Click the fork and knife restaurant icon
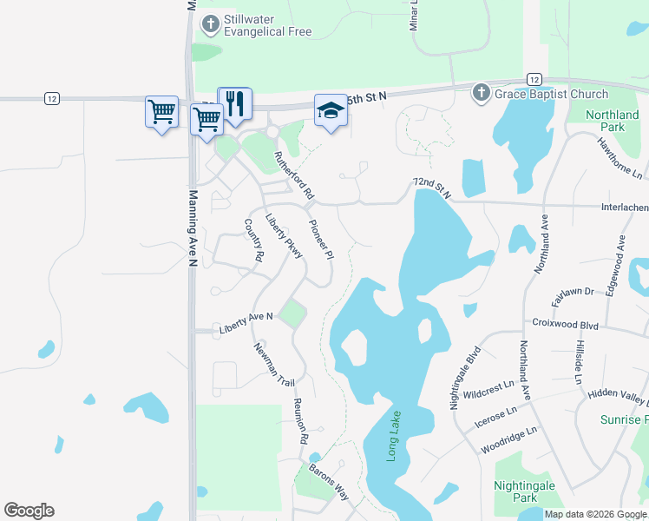tap(234, 103)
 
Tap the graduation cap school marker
tap(330, 110)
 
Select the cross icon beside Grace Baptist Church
tap(481, 94)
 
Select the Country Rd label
tap(252, 241)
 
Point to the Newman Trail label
tap(274, 365)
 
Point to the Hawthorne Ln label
tap(620, 158)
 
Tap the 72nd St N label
tap(432, 188)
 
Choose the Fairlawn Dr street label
tap(573, 292)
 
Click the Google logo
tap(29, 511)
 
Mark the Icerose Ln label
tap(496, 417)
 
